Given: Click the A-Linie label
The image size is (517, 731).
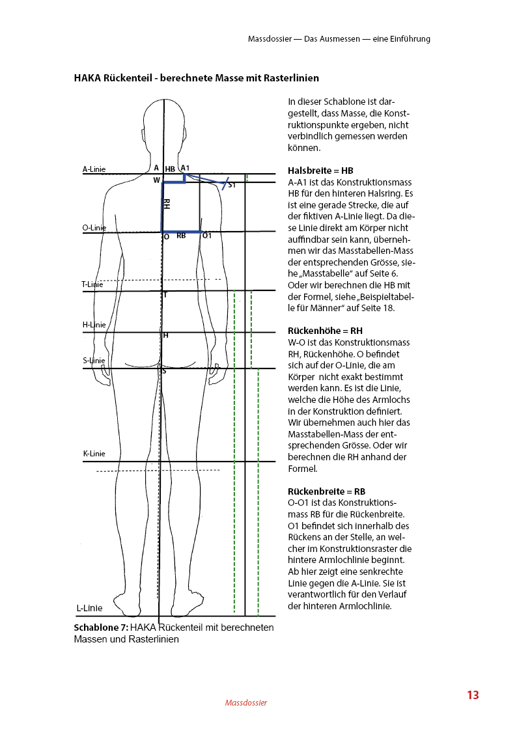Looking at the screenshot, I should click(x=94, y=169).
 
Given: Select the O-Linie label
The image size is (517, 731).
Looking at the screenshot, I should click(x=94, y=228).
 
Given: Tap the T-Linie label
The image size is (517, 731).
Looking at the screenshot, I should click(x=92, y=284).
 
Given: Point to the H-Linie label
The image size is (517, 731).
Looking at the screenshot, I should click(x=94, y=324).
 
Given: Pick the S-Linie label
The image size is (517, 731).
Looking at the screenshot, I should click(x=94, y=360).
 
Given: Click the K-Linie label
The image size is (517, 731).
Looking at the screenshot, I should click(x=94, y=454).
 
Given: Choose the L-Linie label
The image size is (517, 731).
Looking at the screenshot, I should click(x=90, y=609).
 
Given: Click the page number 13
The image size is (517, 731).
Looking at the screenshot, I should click(x=473, y=695).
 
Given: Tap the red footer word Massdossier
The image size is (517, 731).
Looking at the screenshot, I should click(x=246, y=703).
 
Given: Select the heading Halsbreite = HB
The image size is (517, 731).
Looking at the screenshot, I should click(x=320, y=171).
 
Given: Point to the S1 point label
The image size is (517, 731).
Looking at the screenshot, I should click(x=232, y=186).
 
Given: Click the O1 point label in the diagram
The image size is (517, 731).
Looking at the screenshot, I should click(x=207, y=236).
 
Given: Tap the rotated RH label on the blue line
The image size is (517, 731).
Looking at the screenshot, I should click(x=167, y=204).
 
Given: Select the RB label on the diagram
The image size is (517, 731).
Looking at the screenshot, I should click(x=181, y=236).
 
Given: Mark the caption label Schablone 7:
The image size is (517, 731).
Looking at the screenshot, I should click(x=101, y=628).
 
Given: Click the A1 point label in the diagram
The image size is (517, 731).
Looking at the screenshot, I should click(x=185, y=168).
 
